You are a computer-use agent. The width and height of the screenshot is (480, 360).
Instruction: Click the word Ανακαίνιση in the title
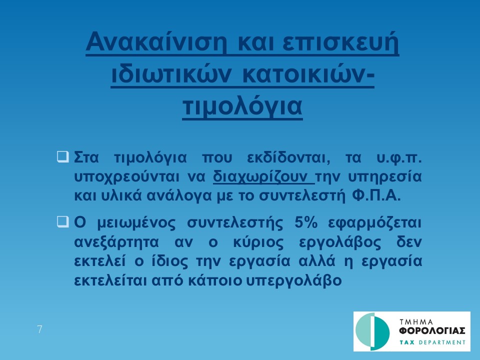156,41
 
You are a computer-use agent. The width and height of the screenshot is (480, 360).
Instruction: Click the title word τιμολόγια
242,106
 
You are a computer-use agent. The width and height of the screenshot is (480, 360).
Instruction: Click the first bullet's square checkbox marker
63,156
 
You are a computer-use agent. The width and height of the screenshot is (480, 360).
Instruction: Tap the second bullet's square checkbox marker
63,221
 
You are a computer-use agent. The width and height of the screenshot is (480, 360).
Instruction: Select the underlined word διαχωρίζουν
263,177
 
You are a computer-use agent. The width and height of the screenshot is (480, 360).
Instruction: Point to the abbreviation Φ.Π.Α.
376,195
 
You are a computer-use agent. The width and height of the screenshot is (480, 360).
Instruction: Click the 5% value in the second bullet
306,222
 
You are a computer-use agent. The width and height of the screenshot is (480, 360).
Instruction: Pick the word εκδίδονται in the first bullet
288,158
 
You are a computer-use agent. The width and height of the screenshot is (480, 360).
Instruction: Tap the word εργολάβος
340,242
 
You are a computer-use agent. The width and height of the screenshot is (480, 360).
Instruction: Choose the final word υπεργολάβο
294,280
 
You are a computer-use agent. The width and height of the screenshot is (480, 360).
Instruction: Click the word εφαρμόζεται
375,223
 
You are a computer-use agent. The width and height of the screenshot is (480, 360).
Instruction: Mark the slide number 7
39,329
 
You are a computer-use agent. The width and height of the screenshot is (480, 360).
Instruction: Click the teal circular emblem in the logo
372,331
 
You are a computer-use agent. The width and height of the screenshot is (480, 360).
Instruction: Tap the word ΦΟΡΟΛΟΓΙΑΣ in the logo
432,331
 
